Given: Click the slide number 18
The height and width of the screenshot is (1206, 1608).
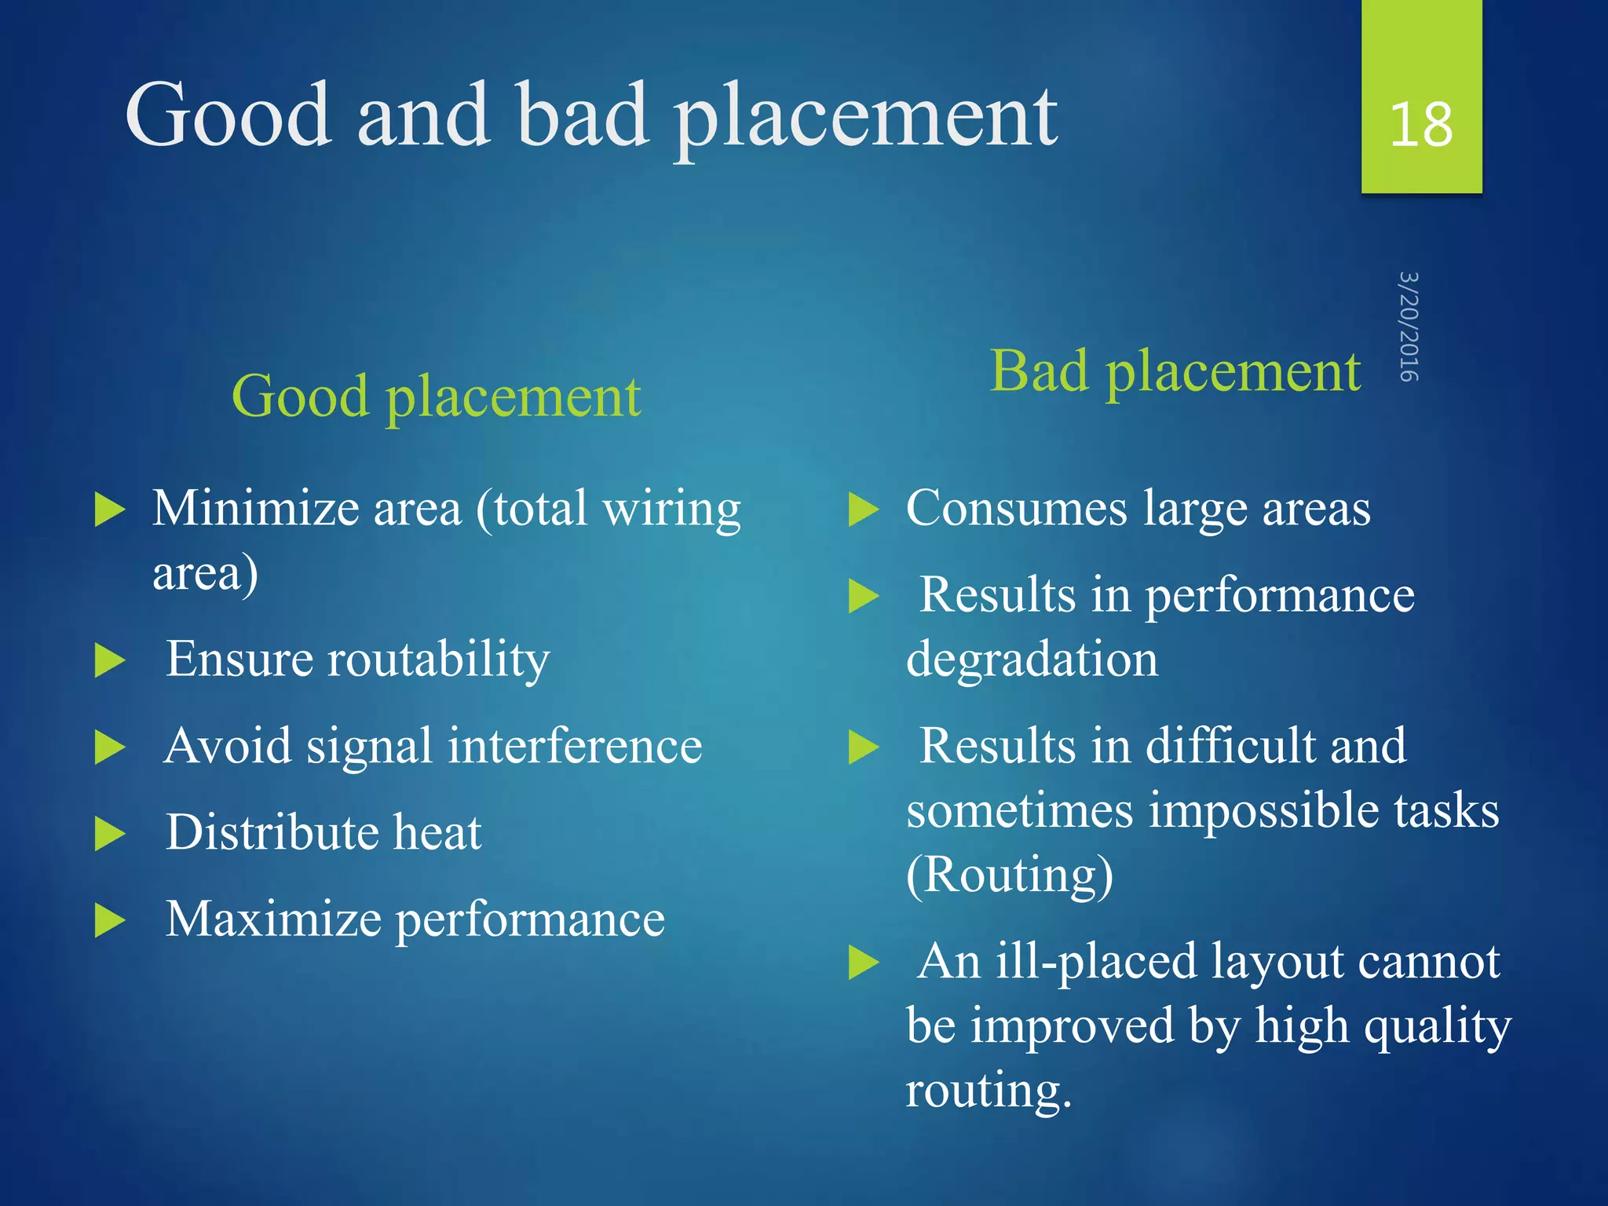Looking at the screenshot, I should click(1420, 124).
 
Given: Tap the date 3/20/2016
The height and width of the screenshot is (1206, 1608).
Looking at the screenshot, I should click(1409, 327).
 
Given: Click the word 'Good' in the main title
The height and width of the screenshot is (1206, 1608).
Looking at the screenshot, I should click(228, 115).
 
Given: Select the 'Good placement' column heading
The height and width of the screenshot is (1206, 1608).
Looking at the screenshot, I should click(436, 397).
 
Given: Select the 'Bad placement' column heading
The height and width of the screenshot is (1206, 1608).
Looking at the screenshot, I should click(1175, 371).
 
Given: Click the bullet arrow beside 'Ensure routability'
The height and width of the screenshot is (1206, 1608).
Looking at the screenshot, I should click(109, 660).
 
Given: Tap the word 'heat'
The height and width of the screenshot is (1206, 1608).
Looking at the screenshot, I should click(437, 832).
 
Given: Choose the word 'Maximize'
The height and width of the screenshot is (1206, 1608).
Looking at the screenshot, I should click(273, 919).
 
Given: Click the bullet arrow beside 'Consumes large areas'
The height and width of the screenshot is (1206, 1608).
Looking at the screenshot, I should click(864, 510).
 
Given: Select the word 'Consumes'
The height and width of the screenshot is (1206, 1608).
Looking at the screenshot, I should click(1016, 509).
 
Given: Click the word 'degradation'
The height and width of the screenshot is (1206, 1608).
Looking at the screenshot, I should click(1032, 660).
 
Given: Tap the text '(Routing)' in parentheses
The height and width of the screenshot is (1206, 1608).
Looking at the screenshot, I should click(1010, 875).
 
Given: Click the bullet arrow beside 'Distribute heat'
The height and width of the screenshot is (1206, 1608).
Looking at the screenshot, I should click(109, 834).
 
